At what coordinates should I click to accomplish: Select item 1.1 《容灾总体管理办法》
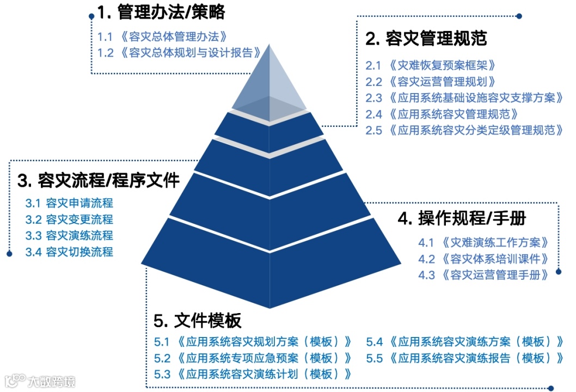click(x=162, y=37)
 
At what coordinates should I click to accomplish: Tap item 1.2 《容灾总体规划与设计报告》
click(x=178, y=53)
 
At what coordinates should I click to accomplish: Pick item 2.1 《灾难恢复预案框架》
click(x=431, y=65)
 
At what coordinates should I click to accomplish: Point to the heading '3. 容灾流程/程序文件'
click(x=99, y=180)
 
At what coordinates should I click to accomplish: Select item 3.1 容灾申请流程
click(x=69, y=203)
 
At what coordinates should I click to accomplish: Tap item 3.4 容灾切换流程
click(x=69, y=252)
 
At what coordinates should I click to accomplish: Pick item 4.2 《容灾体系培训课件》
click(x=483, y=259)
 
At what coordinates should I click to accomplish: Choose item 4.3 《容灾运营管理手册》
click(x=483, y=275)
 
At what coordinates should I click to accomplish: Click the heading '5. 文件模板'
click(x=198, y=321)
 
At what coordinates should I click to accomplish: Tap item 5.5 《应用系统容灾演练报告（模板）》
click(x=464, y=358)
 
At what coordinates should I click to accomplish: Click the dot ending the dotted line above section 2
click(x=519, y=16)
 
